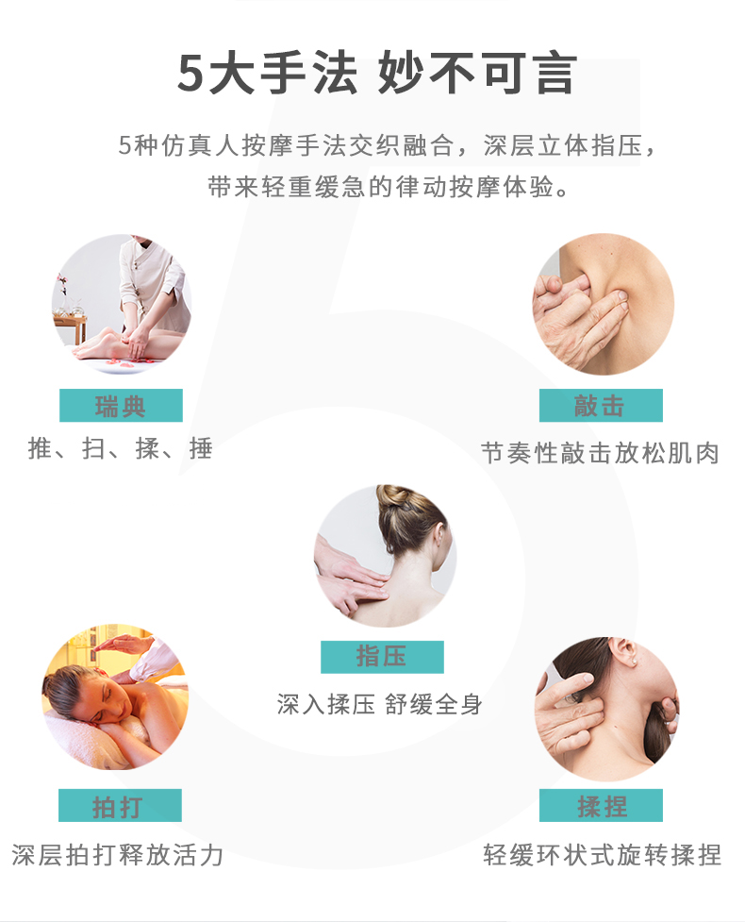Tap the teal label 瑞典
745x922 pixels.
121,406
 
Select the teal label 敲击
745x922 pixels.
600,406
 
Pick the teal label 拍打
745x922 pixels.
120,806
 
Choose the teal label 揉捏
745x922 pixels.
601,806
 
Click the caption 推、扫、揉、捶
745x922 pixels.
121,449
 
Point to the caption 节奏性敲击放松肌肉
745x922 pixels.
600,452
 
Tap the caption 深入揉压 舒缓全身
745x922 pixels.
380,704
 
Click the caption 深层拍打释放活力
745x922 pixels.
119,855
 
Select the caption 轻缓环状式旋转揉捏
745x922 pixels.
602,855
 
